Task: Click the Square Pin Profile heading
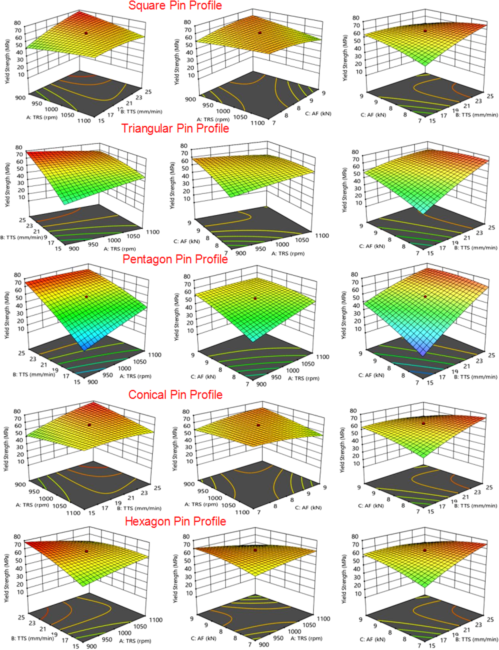(x=175, y=5)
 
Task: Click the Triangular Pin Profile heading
(x=175, y=128)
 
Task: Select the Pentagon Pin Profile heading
(x=175, y=259)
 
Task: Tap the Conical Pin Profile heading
(x=175, y=395)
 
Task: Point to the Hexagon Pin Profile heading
(x=175, y=521)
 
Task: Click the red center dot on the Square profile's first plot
(x=86, y=33)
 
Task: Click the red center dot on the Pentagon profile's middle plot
(x=255, y=298)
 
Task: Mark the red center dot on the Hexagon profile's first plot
(x=86, y=551)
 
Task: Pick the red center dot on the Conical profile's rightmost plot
(x=424, y=423)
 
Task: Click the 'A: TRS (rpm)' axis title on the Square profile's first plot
(x=41, y=117)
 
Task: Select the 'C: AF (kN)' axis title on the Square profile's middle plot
(x=318, y=113)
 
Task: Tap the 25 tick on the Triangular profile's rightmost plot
(x=491, y=227)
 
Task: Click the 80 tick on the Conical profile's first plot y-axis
(x=17, y=411)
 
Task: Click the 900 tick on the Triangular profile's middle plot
(x=241, y=253)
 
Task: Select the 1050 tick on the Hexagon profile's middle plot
(x=309, y=625)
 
